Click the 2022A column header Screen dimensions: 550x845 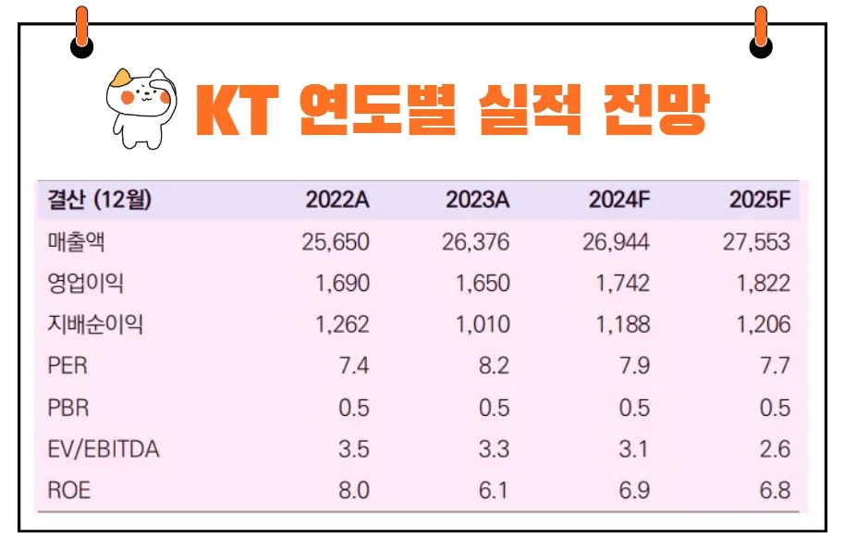pos(337,200)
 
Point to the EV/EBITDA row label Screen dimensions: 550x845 pos(103,449)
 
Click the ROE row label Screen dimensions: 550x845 pos(69,491)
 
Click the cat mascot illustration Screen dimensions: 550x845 pos(141,106)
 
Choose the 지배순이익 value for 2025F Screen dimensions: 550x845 pos(764,324)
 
